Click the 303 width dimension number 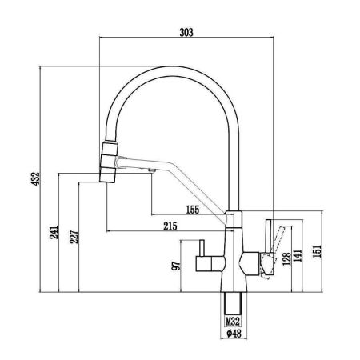186,32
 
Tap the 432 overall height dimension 35,178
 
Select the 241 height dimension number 54,232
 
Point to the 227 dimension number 74,237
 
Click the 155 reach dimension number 193,210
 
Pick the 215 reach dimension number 170,226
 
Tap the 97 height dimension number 176,266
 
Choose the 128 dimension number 287,259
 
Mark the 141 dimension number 298,255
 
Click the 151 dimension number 318,251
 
